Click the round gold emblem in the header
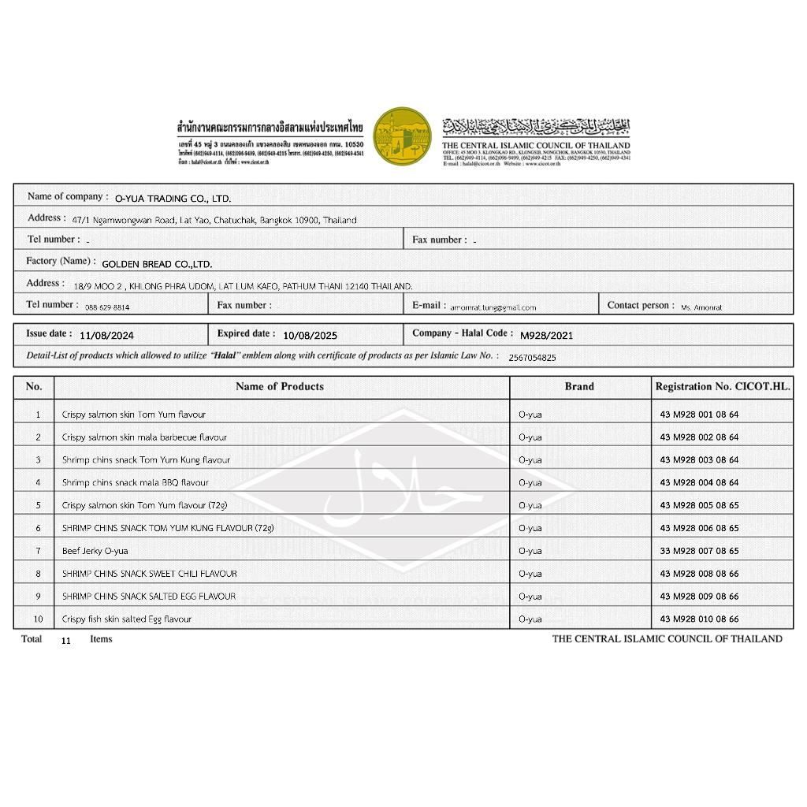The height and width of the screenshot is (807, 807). pos(402,136)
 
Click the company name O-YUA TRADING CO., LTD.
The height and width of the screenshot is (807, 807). pos(173,199)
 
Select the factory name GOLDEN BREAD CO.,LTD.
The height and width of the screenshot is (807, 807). pos(157,265)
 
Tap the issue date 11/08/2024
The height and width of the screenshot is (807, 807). pos(106,335)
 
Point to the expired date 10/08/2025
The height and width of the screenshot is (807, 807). pos(309,335)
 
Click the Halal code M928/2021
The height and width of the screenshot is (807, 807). pos(547,335)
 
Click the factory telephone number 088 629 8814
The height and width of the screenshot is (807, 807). pos(107,307)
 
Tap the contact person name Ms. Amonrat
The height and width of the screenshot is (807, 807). pos(701,307)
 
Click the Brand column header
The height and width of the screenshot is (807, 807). pos(579,387)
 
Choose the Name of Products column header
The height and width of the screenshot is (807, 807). pos(280,387)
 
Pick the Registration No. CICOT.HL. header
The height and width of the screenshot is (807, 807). pos(723,387)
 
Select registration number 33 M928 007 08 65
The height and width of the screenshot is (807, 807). pos(699,551)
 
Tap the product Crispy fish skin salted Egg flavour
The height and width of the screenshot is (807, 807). pos(127,619)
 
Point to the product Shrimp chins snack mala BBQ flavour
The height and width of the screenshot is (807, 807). pos(136,482)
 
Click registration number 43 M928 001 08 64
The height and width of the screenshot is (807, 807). pos(699,415)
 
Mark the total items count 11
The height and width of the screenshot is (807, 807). pos(65,641)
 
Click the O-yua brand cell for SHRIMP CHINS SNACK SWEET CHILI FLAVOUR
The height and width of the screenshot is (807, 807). pos(530,574)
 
